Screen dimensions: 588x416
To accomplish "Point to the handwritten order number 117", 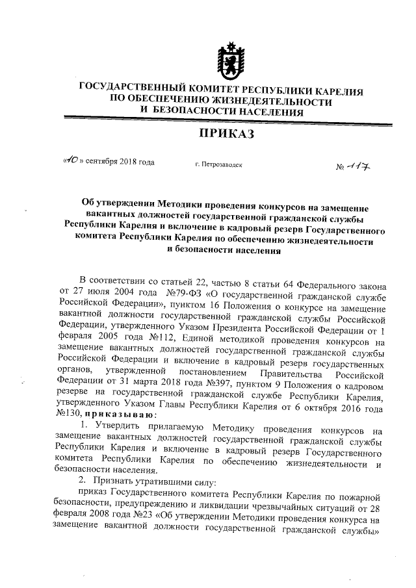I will [x=359, y=167].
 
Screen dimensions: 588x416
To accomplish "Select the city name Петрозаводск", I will [x=218, y=165].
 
